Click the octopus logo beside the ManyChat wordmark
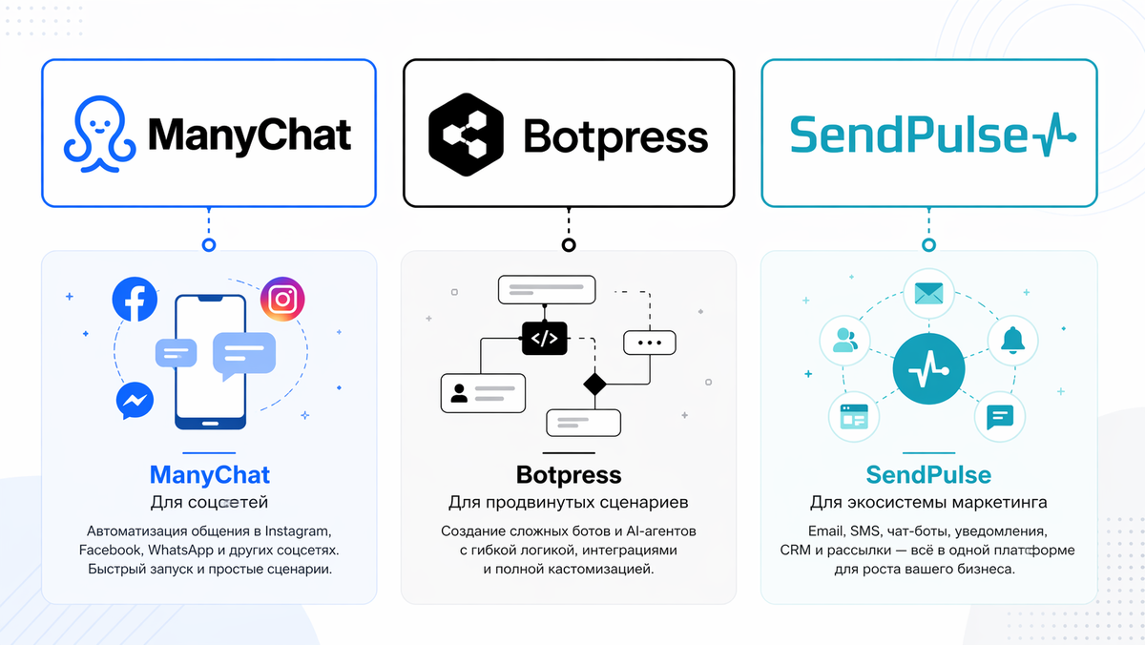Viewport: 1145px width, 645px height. click(x=97, y=136)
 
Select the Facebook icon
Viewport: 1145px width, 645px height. click(x=135, y=299)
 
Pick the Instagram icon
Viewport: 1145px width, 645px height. click(x=282, y=300)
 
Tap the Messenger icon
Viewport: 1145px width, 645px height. click(x=135, y=401)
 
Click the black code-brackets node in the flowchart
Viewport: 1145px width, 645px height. click(x=544, y=337)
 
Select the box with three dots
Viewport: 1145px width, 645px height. click(x=649, y=342)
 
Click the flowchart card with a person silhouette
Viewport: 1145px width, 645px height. click(x=483, y=392)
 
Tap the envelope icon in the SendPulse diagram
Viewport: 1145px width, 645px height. click(x=927, y=293)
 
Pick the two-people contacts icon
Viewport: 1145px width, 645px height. click(x=845, y=340)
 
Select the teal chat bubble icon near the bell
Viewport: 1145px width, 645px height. click(x=999, y=417)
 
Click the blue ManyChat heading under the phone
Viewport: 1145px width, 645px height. click(x=209, y=474)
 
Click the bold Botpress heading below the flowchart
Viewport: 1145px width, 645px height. click(x=569, y=474)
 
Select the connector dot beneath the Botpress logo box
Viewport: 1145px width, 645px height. click(x=569, y=244)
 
